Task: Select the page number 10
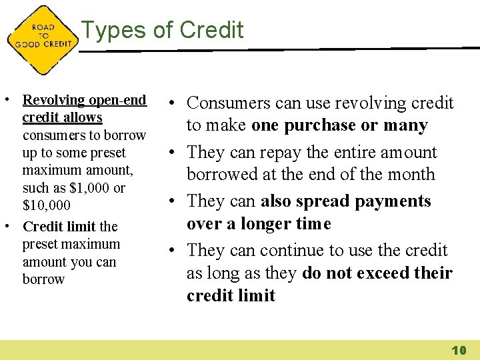click(458, 350)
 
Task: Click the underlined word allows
click(82, 118)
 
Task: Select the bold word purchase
click(320, 125)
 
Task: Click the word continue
click(291, 251)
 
